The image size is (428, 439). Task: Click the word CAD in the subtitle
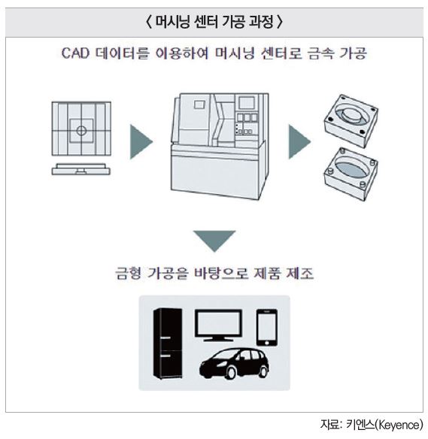click(x=75, y=53)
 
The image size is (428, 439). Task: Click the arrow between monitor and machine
click(x=141, y=142)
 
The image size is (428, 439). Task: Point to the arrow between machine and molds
click(x=299, y=142)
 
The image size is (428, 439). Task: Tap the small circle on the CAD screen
click(x=81, y=131)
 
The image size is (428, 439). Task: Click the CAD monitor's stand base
click(x=81, y=169)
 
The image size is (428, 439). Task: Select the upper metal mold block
click(x=351, y=121)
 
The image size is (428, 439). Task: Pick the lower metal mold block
click(x=351, y=174)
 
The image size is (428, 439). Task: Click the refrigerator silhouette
click(x=168, y=344)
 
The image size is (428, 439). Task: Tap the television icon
click(x=218, y=325)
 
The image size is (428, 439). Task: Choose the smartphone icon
click(x=267, y=328)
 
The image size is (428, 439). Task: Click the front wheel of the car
click(x=232, y=373)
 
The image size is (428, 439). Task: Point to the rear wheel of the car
click(x=263, y=371)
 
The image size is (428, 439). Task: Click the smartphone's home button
click(x=267, y=343)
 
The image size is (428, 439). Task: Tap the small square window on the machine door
click(x=199, y=104)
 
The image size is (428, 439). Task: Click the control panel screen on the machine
click(x=247, y=102)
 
